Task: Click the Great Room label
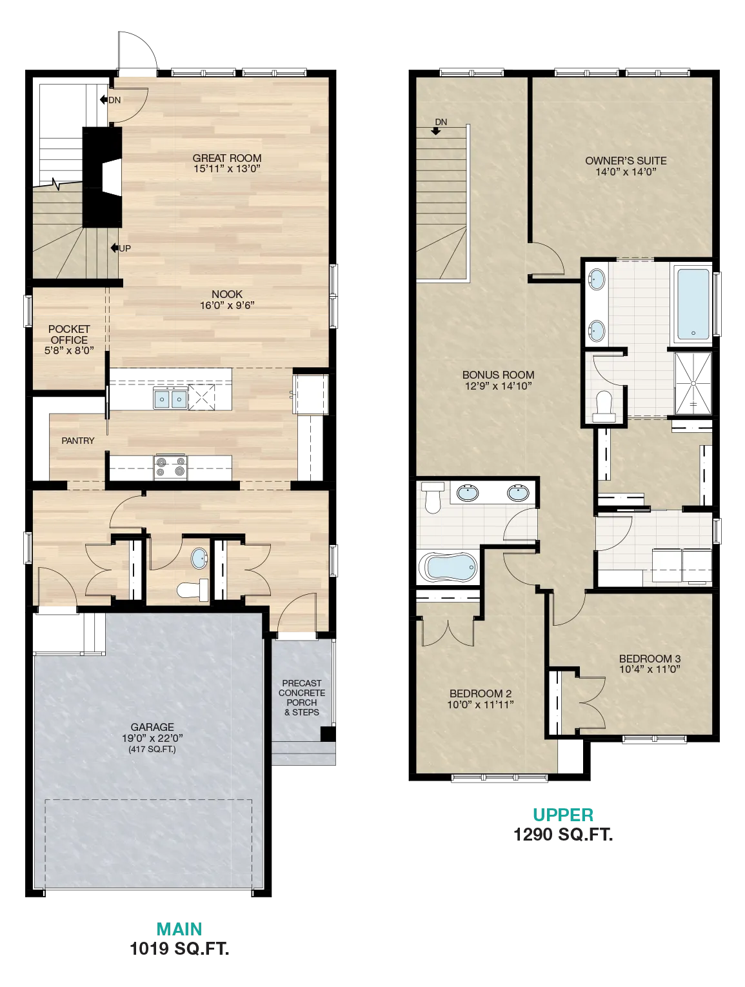tap(226, 158)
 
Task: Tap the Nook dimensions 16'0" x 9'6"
tap(227, 305)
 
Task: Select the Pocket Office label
tap(69, 335)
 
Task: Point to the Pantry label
tap(78, 441)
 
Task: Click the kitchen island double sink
tap(170, 399)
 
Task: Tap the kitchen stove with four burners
tap(170, 467)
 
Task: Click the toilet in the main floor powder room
tap(193, 590)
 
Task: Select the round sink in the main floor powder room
tap(199, 559)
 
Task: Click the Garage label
tap(152, 727)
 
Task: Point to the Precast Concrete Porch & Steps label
tap(302, 697)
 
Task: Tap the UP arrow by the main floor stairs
tap(115, 248)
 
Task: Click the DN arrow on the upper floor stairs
tap(435, 132)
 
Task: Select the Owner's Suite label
tap(626, 161)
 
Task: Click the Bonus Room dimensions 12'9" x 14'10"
tap(498, 386)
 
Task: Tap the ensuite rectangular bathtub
tap(693, 304)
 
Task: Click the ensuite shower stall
tap(693, 383)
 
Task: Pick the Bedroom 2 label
tap(480, 693)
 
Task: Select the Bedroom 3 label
tap(650, 659)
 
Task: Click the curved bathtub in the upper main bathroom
tap(448, 567)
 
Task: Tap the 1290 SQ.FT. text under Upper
tap(563, 835)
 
